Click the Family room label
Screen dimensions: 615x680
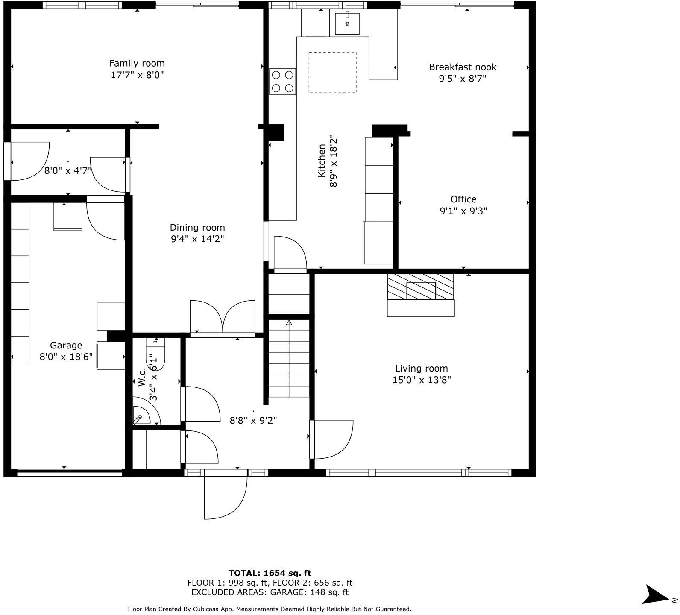point(137,64)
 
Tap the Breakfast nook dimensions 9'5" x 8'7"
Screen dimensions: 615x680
point(463,79)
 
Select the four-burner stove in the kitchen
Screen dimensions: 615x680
point(282,82)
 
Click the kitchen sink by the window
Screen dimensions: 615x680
point(347,23)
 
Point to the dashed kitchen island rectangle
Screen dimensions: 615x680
point(332,73)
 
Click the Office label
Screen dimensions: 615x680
point(463,199)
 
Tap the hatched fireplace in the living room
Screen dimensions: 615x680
point(420,287)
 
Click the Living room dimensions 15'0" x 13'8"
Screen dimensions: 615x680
point(422,380)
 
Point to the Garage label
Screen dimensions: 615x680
point(66,346)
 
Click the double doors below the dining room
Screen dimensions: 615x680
point(223,317)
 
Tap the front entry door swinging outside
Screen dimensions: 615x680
point(225,495)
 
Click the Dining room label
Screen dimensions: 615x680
point(197,228)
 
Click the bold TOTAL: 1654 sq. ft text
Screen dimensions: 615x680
point(270,573)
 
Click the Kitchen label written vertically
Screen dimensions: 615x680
point(322,161)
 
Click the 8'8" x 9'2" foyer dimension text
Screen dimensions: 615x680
point(253,420)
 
